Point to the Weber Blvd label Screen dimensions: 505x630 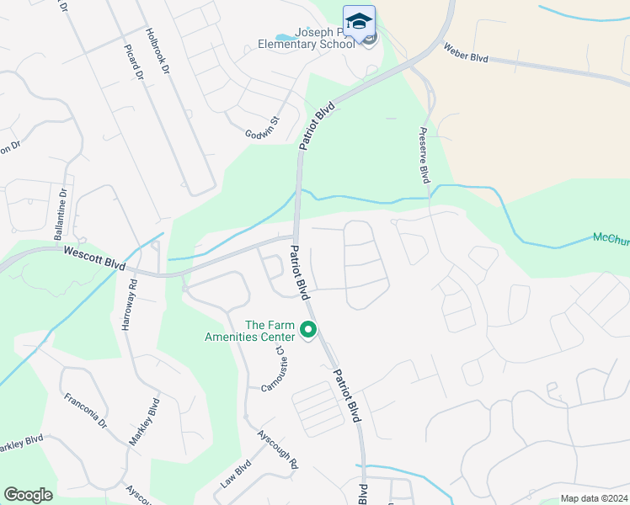tap(465, 50)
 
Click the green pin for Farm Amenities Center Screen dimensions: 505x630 tap(309, 330)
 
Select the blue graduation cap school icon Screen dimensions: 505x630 tap(359, 22)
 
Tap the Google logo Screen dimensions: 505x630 tap(28, 495)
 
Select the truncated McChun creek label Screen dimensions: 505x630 tap(611, 238)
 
